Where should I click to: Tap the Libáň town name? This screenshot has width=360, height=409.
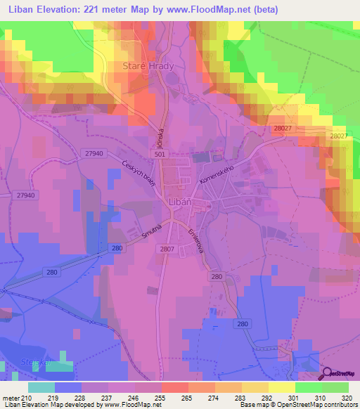point(182,202)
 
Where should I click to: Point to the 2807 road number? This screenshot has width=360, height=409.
point(167,248)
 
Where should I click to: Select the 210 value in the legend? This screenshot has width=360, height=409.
point(27,397)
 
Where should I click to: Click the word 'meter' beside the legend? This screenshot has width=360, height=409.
point(10,397)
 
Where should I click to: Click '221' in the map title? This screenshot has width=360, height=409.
point(113,10)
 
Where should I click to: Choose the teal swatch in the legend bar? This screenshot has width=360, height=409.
point(41,387)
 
